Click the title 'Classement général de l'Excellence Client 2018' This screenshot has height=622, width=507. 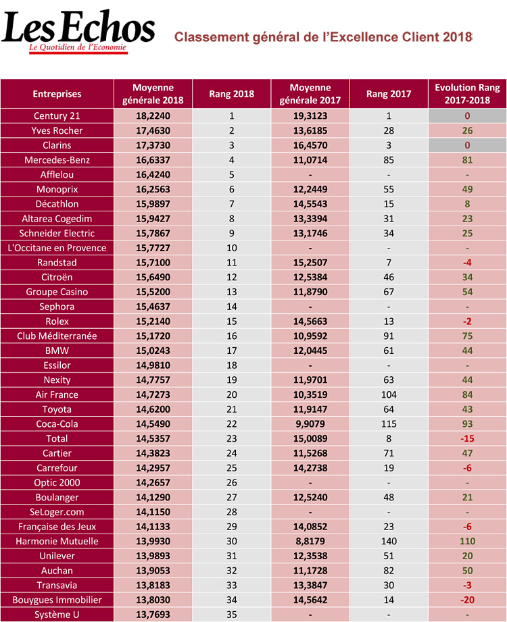pos(322,36)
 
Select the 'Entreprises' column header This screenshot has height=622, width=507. pos(57,94)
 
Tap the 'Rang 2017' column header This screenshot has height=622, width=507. pos(389,94)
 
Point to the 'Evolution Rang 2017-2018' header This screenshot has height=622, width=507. pos(467,94)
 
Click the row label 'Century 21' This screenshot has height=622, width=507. pos(57,116)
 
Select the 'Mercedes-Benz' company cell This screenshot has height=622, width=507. pos(57,160)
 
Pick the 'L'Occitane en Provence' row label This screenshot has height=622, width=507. pos(57,248)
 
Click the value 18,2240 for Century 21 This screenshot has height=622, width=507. pos(153,116)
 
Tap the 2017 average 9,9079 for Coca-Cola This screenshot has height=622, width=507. pos(310,424)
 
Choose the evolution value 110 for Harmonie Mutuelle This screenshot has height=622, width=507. pos(467,541)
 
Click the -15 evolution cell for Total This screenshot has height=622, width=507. pos(467,438)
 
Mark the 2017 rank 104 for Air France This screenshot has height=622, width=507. pos(389,394)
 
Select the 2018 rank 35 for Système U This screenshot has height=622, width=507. pos(232,615)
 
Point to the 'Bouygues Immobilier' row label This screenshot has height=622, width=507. pos(57,600)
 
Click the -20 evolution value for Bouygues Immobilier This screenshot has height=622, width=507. pos(467,600)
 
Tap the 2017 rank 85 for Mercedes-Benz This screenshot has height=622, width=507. pos(389,160)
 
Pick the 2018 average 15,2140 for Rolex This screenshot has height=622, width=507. pos(153,321)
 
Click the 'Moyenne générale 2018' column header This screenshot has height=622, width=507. pos(153,94)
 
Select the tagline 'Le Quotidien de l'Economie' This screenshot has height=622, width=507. pos(78,49)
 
